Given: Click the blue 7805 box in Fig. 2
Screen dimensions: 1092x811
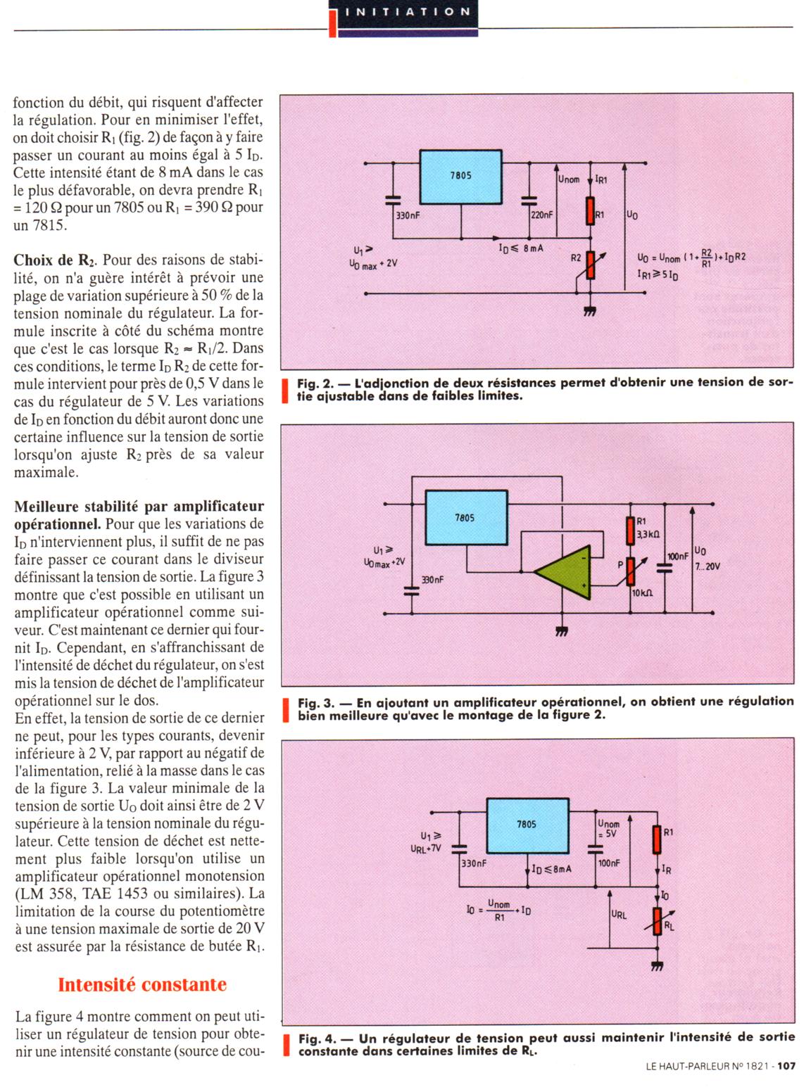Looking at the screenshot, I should pyautogui.click(x=460, y=176).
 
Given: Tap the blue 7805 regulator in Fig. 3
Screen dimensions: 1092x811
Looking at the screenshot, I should pyautogui.click(x=465, y=518).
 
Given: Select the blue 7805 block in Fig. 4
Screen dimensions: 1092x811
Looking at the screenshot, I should pyautogui.click(x=527, y=824).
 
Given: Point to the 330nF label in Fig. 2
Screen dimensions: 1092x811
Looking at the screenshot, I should pyautogui.click(x=408, y=215).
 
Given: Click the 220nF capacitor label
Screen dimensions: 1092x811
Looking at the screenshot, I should pyautogui.click(x=541, y=215).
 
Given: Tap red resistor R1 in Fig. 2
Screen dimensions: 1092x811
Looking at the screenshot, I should pyautogui.click(x=590, y=210).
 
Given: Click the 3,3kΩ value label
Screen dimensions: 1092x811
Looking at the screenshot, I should pyautogui.click(x=648, y=535).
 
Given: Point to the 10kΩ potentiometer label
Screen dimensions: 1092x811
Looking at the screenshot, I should pyautogui.click(x=642, y=593).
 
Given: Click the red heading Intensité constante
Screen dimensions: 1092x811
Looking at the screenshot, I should pyautogui.click(x=142, y=984).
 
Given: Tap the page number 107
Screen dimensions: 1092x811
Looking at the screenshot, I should pyautogui.click(x=786, y=1066).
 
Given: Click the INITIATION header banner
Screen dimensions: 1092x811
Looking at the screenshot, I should pyautogui.click(x=405, y=12).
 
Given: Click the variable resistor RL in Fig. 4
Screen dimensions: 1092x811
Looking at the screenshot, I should pyautogui.click(x=658, y=920).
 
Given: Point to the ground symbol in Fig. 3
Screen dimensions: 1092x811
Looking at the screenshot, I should pyautogui.click(x=561, y=631).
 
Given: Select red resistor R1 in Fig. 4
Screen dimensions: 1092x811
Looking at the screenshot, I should pyautogui.click(x=658, y=839).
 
